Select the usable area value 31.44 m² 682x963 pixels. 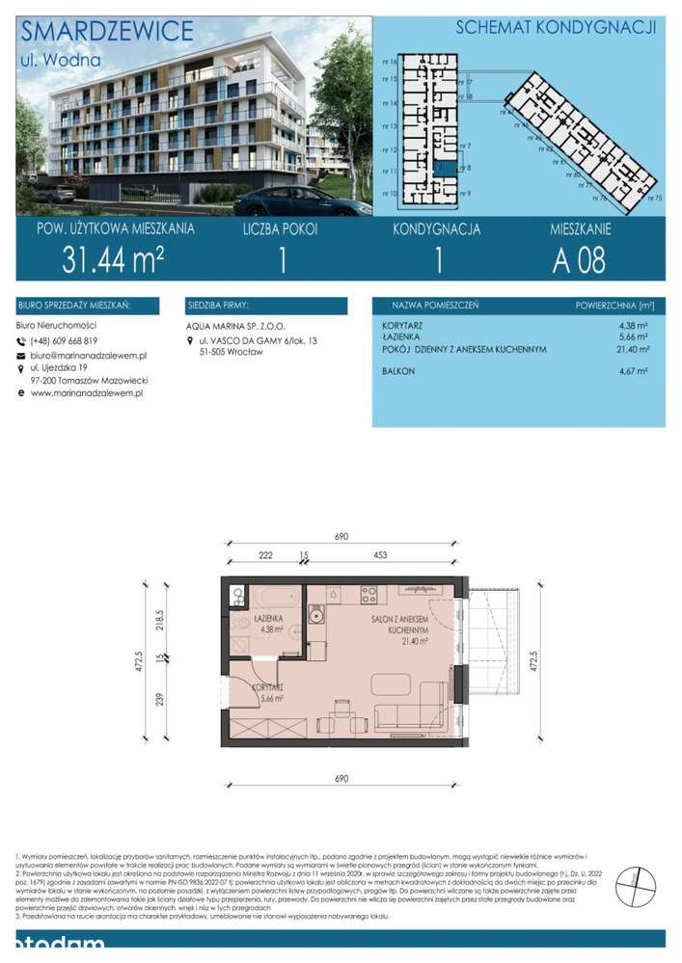(x=112, y=260)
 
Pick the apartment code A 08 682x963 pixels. (x=579, y=260)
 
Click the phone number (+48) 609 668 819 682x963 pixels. (x=65, y=341)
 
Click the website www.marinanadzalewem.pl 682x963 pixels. (x=80, y=392)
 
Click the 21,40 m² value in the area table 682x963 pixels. (x=634, y=349)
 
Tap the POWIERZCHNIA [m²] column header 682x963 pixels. (x=614, y=307)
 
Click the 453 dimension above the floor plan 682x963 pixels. (x=382, y=555)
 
